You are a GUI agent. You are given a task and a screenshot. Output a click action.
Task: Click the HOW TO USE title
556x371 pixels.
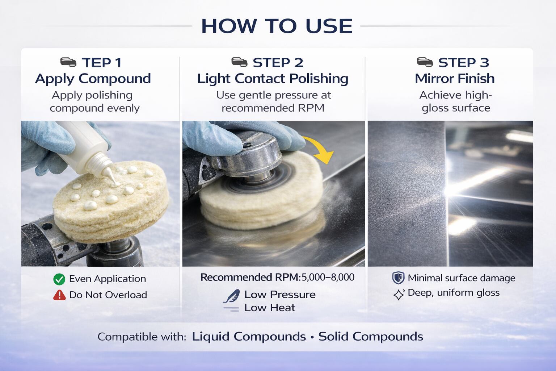277,26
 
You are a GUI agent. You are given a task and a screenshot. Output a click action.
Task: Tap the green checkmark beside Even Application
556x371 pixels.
59,279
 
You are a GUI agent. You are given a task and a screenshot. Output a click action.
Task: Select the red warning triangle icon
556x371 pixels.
60,295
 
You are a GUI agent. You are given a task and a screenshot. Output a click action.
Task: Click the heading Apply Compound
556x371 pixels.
93,79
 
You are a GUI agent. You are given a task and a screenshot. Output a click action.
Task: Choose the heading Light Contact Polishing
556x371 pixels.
273,79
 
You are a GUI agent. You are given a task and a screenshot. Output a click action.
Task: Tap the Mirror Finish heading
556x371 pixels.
455,79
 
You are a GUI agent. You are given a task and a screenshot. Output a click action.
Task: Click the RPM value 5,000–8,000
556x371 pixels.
328,277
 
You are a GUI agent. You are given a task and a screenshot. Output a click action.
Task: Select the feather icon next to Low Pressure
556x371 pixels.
232,296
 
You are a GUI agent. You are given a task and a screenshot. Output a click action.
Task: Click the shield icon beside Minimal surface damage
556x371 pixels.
399,278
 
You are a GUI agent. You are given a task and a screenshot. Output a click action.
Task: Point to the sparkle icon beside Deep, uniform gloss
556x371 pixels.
399,295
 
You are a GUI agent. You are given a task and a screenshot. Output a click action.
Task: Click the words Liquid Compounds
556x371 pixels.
249,337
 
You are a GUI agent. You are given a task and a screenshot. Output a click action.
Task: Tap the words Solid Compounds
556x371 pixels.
371,337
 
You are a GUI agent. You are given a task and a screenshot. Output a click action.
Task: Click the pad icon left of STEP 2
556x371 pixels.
239,62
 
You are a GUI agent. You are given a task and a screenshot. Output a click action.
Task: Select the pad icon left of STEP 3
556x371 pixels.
425,62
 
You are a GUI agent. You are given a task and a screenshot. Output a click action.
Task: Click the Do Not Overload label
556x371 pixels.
108,295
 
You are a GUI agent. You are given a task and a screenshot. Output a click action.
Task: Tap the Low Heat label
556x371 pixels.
270,308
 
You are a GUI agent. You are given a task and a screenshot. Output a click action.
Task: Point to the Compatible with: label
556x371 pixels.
142,337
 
